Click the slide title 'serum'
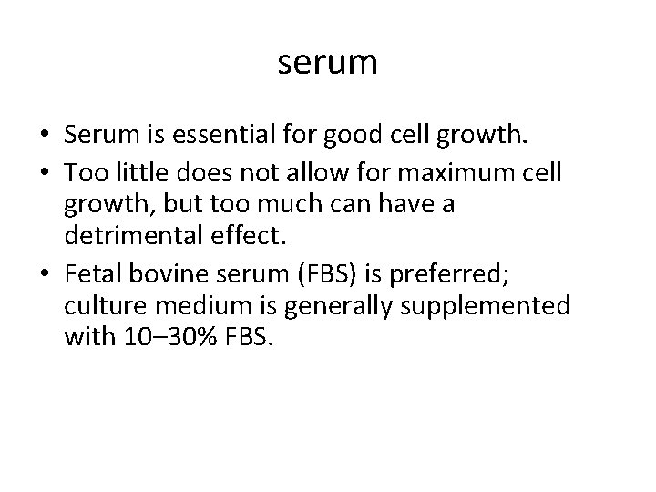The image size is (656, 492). click(x=327, y=63)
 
